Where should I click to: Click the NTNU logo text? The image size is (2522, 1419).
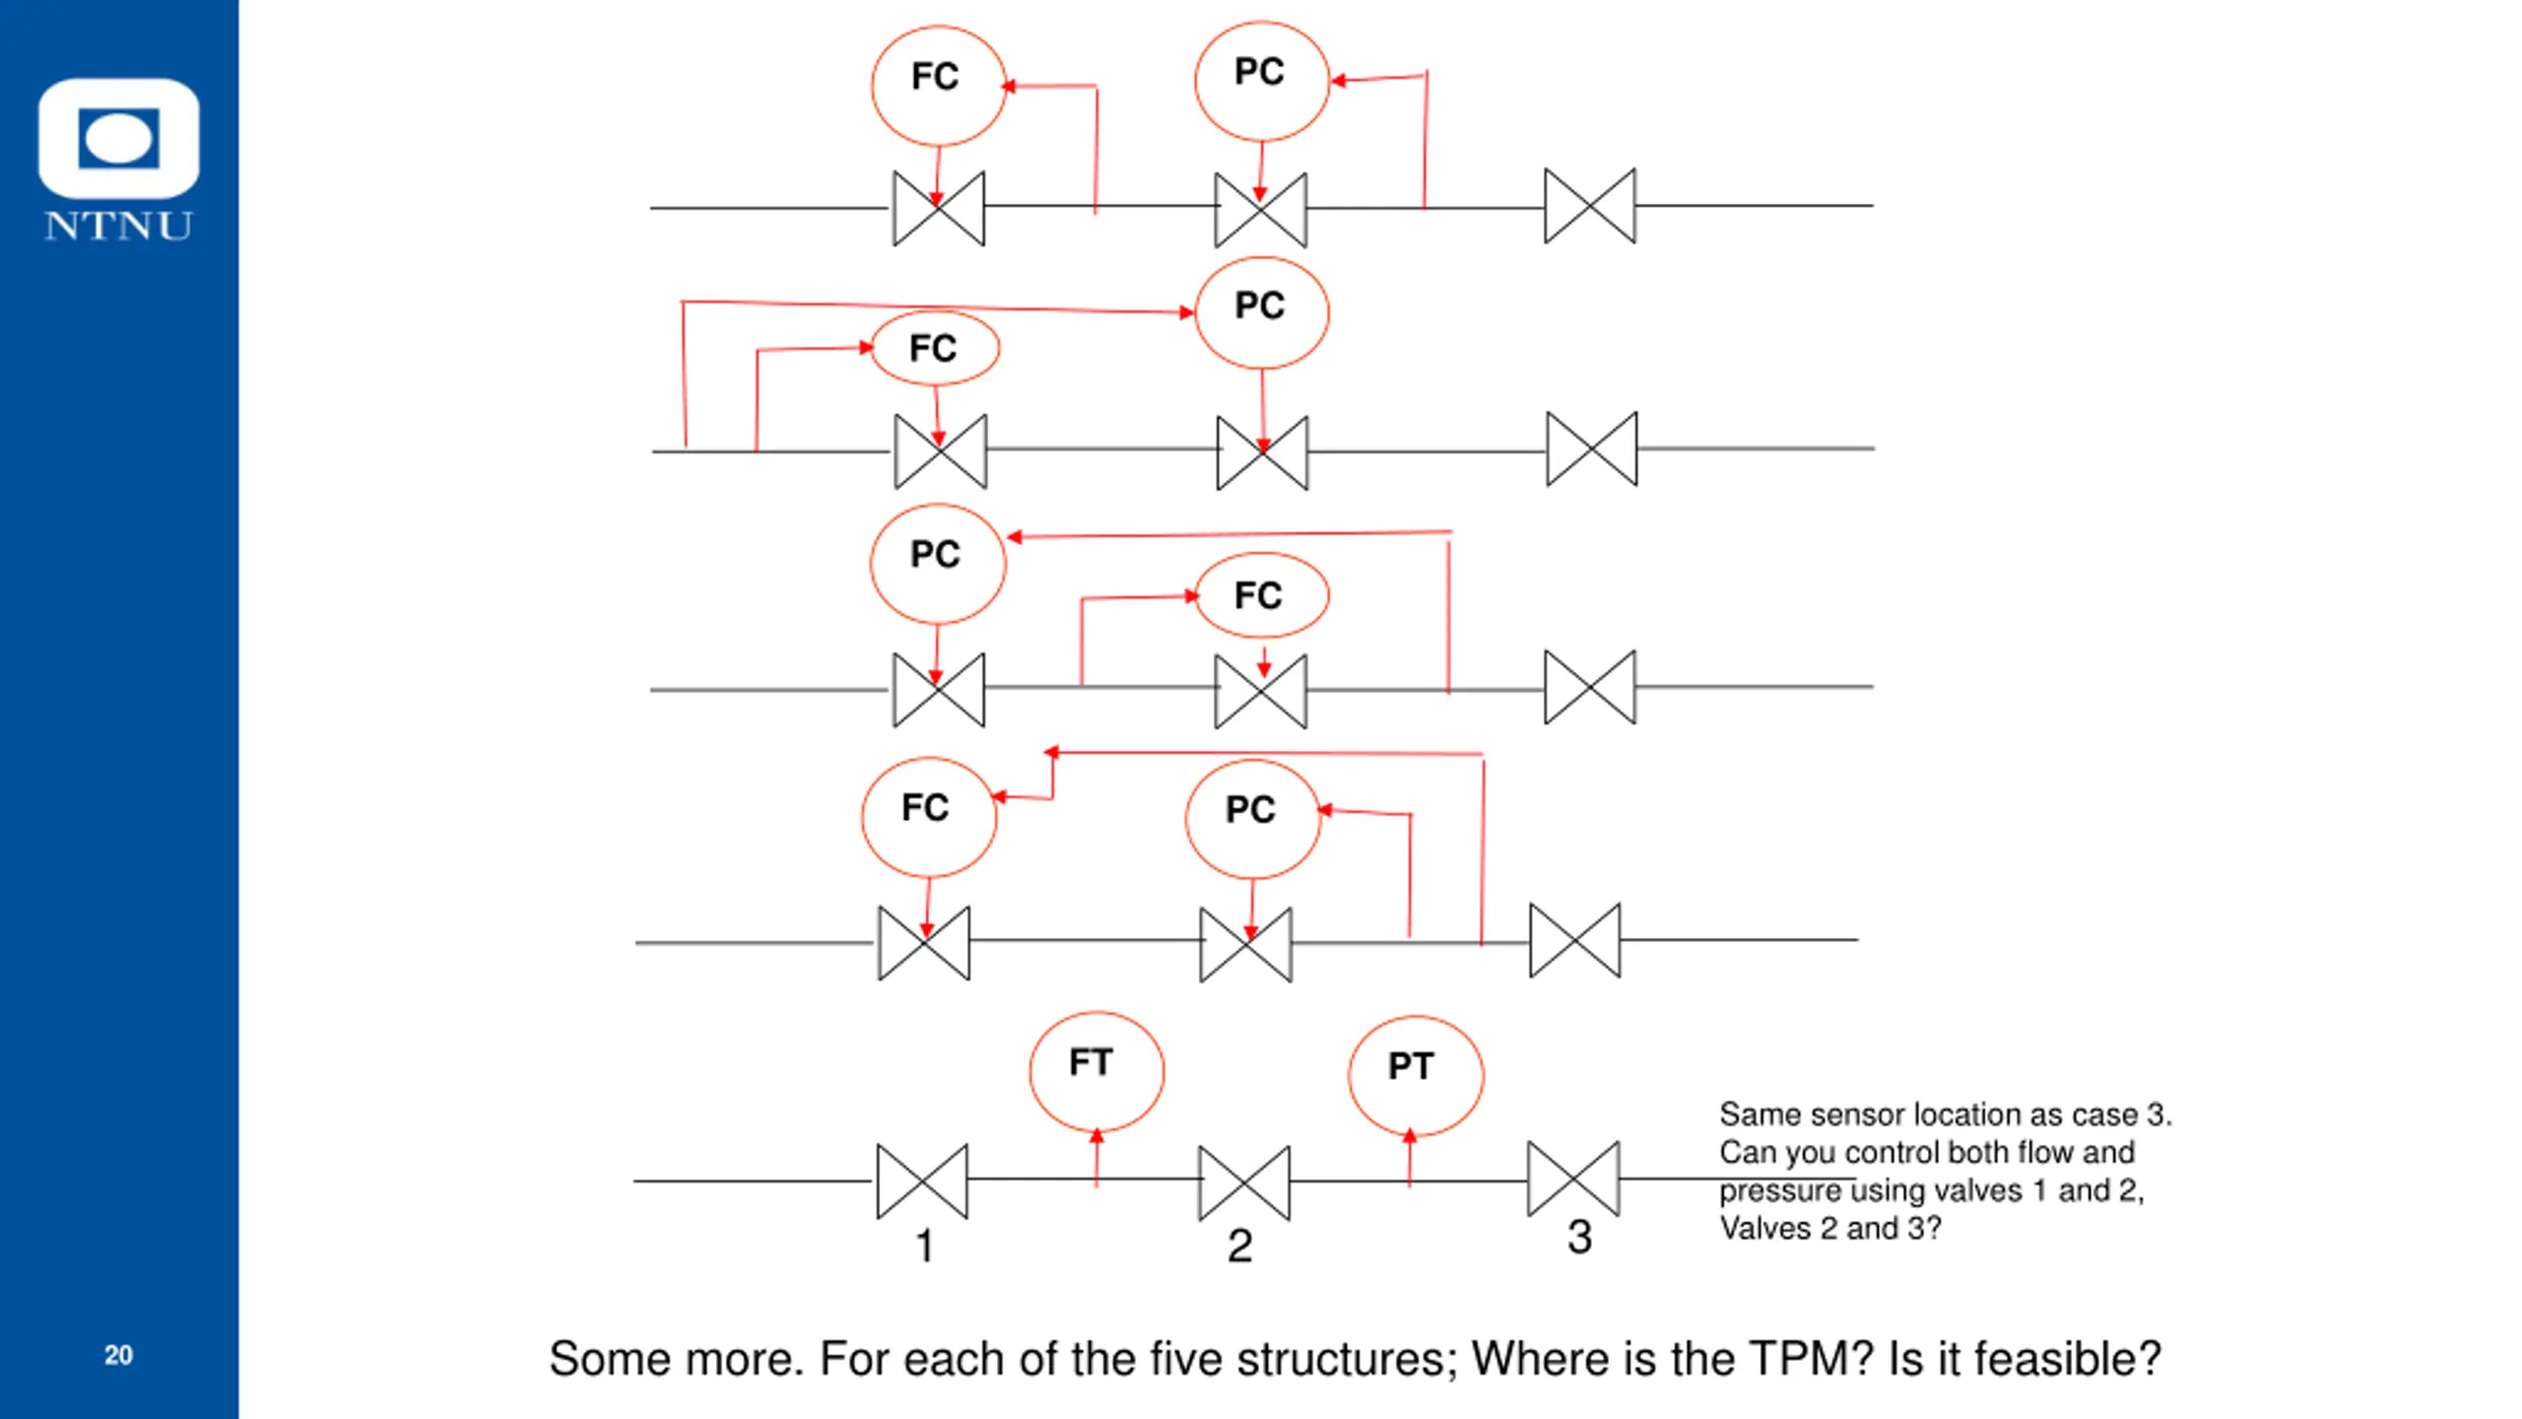(x=118, y=226)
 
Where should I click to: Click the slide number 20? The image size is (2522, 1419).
(x=118, y=1355)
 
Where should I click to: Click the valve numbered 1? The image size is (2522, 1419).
(x=922, y=1181)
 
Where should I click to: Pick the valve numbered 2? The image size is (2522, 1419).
(x=1244, y=1182)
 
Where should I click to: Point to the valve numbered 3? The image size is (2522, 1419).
(x=1573, y=1179)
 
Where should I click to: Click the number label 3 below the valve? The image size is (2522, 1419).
(x=1580, y=1238)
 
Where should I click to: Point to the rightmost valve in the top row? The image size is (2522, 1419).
(x=1590, y=206)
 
